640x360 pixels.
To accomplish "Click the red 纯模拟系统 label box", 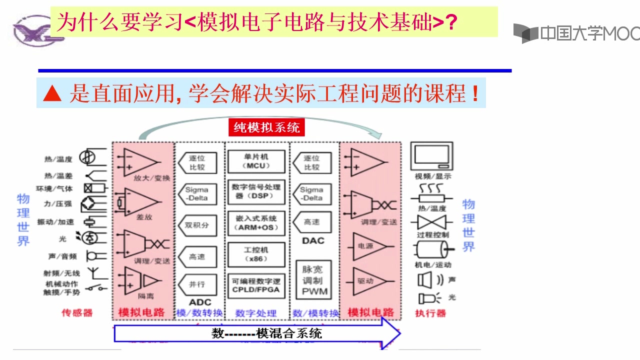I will pos(266,127).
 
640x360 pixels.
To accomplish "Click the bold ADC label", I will pos(200,302).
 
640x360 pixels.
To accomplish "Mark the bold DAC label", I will pos(313,240).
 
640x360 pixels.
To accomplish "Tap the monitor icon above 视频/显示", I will pos(431,156).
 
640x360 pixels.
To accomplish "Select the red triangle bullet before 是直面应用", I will pos(52,93).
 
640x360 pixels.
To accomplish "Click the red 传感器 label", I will pos(77,313).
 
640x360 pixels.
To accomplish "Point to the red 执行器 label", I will pos(430,313).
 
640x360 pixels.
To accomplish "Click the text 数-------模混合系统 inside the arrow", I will pos(266,333).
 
